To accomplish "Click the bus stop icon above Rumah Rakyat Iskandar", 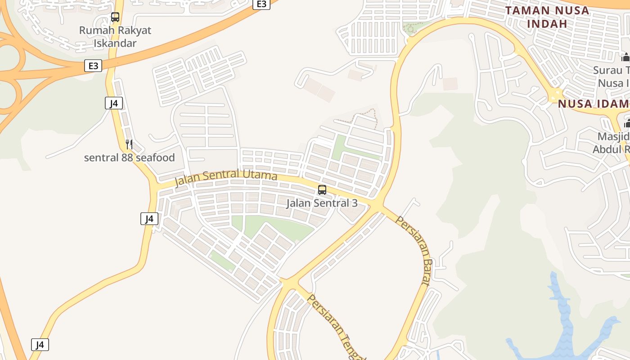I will pyautogui.click(x=115, y=17).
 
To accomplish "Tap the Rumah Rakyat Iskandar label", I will pyautogui.click(x=115, y=37).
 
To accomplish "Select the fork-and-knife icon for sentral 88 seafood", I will pyautogui.click(x=129, y=144).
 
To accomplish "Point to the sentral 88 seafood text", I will pyautogui.click(x=129, y=158).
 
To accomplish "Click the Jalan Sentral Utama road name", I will pyautogui.click(x=225, y=177).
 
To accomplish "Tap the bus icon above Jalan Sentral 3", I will pyautogui.click(x=322, y=190).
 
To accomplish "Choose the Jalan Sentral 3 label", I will pyautogui.click(x=322, y=203).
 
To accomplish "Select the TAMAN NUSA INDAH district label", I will pyautogui.click(x=547, y=17).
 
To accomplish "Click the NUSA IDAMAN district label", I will pyautogui.click(x=593, y=104).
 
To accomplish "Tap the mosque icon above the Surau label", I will pyautogui.click(x=625, y=57).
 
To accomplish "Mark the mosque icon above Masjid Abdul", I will pyautogui.click(x=627, y=123).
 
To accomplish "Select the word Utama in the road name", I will pyautogui.click(x=260, y=175).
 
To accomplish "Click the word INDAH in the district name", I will pyautogui.click(x=547, y=23).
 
